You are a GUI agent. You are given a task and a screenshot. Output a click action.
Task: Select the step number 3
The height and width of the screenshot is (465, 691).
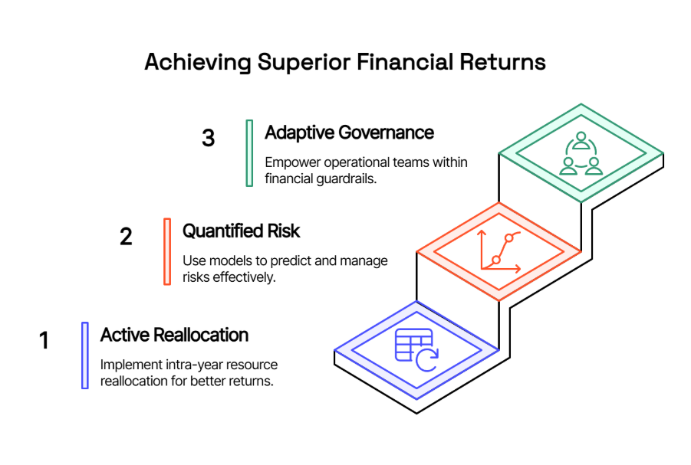coord(209,138)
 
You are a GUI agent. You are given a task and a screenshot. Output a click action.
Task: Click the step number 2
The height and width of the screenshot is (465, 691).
coord(126,237)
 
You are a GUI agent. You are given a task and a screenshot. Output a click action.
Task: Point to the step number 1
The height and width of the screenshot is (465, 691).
coord(44,340)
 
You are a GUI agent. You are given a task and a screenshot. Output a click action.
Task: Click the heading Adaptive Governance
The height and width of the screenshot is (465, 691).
coord(350,133)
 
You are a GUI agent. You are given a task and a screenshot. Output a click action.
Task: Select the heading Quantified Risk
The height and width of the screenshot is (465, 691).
coord(241,231)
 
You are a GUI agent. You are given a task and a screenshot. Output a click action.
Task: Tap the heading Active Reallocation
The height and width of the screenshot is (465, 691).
coord(175,335)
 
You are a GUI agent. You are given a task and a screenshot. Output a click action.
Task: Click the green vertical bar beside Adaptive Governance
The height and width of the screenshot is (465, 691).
coord(249,153)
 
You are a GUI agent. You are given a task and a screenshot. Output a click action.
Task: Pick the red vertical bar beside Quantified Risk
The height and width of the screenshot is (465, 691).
coord(167,251)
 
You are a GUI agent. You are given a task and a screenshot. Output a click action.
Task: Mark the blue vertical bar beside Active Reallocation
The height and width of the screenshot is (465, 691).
coord(85,355)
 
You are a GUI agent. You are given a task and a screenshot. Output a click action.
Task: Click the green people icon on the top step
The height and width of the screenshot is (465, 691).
coord(581,154)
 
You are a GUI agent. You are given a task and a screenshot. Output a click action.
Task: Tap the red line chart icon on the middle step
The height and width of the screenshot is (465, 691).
coord(500,251)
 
